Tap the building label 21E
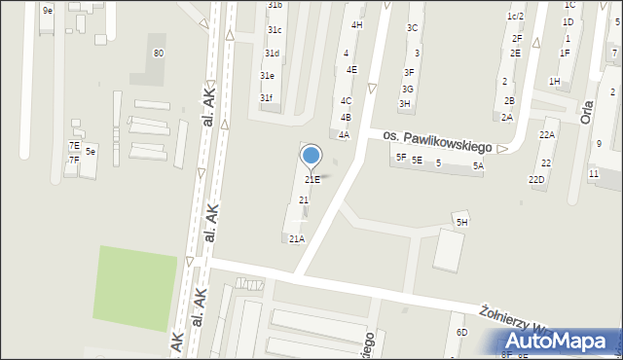point(312,179)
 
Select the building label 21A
point(297,238)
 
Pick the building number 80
point(159,53)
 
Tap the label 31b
point(275,5)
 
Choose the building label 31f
point(266,97)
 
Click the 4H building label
point(357,24)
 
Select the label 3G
point(408,89)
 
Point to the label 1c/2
point(515,17)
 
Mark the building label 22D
point(536,179)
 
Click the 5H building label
point(462,223)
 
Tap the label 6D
point(462,332)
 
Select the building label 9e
point(47,10)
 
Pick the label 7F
point(73,160)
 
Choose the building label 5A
point(478,166)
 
